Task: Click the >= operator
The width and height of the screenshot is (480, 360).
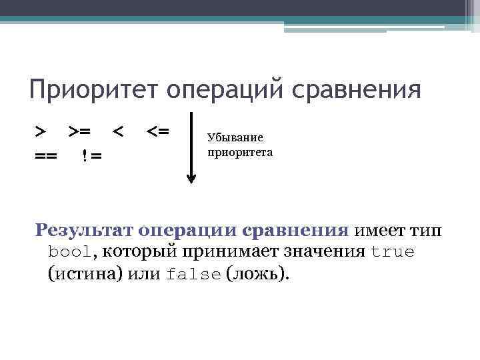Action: pos(81,131)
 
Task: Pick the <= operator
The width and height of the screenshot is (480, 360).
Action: pos(158,131)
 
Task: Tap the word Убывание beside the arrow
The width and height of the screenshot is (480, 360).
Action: pos(235,138)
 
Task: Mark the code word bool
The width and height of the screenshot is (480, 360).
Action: pos(69,253)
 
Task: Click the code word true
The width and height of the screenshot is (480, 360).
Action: pos(392,253)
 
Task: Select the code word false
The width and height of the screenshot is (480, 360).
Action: pos(193,275)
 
